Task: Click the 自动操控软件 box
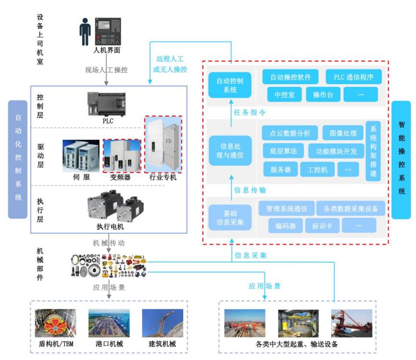tap(290, 77)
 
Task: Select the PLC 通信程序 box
tap(353, 77)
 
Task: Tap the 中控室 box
tap(284, 94)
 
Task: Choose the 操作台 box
tap(323, 94)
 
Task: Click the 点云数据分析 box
tap(290, 133)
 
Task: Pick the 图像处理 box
tap(343, 133)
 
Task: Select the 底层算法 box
tap(283, 151)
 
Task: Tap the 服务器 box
tap(280, 169)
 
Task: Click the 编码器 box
tap(285, 225)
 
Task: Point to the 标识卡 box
tap(322, 225)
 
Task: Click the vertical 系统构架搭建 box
tap(373, 151)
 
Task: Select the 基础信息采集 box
tap(230, 217)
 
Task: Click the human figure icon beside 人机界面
tap(85, 32)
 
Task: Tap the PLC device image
tap(107, 104)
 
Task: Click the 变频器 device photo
tap(122, 156)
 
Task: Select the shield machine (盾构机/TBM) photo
tap(55, 323)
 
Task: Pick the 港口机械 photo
tap(109, 323)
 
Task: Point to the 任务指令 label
tap(250, 112)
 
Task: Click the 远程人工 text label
tap(170, 59)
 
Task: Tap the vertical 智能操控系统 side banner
tap(401, 160)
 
